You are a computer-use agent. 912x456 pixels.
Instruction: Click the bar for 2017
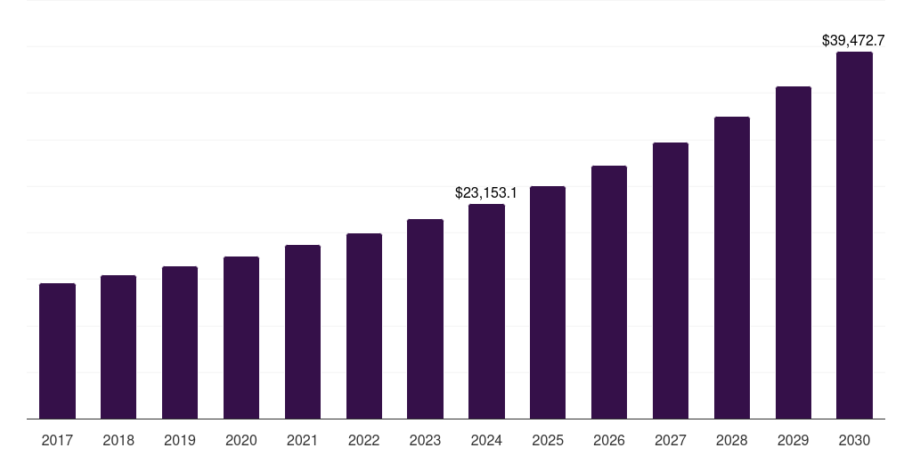(57, 351)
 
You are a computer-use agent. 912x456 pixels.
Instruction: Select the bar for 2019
(180, 342)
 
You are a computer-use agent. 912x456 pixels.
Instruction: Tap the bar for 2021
(303, 331)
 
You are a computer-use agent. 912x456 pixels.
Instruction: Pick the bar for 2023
(425, 319)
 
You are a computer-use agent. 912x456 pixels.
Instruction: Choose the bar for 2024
(486, 311)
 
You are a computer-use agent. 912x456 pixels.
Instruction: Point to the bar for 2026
(609, 292)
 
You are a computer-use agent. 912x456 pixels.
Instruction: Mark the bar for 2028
(732, 267)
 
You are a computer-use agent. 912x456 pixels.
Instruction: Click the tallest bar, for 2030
(854, 235)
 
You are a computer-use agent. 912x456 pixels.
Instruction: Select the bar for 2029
(794, 252)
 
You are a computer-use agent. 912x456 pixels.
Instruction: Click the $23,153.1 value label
(486, 192)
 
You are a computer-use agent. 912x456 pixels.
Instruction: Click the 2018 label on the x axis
(118, 440)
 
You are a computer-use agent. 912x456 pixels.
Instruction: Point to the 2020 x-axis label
(241, 440)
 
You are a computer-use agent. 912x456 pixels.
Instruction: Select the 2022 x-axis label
(364, 440)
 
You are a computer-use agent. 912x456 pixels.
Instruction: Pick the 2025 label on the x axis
(548, 440)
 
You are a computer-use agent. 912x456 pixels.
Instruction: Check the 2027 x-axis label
(671, 440)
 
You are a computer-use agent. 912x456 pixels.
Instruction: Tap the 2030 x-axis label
(854, 440)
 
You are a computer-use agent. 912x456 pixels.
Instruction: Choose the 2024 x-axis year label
(486, 440)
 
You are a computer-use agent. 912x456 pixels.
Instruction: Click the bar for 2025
(548, 302)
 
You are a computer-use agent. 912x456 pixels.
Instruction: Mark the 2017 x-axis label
(57, 440)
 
